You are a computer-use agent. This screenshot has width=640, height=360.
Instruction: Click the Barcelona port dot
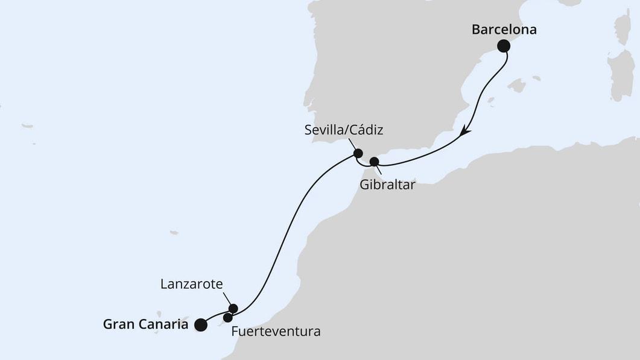[x=503, y=46]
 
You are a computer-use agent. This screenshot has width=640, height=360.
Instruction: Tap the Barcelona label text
[x=504, y=29]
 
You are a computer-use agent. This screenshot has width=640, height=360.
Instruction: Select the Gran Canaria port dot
[x=200, y=325]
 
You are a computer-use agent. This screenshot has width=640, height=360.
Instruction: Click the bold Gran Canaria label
[x=146, y=324]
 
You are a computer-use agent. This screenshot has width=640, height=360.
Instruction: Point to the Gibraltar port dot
[x=374, y=162]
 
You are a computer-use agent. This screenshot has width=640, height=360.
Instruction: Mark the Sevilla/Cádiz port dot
[x=358, y=153]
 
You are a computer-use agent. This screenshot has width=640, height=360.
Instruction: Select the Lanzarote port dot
[x=233, y=309]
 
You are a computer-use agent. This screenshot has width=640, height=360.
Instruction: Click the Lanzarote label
[x=192, y=283]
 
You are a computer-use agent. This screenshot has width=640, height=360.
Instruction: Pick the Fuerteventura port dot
[x=227, y=318]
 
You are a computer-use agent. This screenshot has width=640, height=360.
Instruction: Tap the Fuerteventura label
[x=276, y=332]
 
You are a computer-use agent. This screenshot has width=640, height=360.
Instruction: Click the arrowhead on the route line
[x=466, y=131]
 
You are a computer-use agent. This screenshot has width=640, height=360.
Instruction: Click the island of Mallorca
[x=516, y=85]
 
